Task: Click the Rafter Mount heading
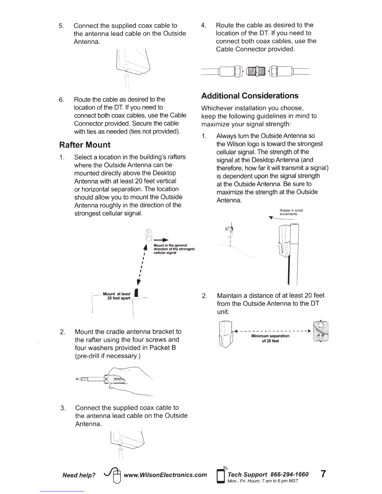tap(85, 145)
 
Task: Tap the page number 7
tap(324, 474)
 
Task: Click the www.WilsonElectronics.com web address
tap(165, 475)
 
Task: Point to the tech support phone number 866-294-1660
tap(289, 474)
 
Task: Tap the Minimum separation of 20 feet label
tap(270, 338)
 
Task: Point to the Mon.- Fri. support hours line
tap(263, 481)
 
